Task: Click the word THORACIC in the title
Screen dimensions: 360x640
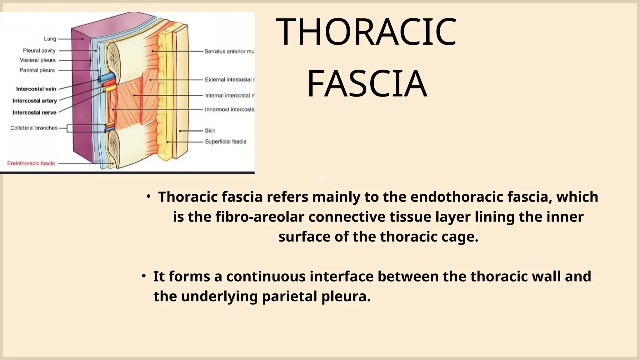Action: (x=366, y=32)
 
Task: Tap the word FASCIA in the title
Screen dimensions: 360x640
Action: (x=367, y=84)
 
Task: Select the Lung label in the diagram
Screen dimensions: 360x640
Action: (x=50, y=39)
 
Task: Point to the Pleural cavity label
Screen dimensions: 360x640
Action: (x=39, y=51)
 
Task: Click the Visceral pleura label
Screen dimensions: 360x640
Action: (x=38, y=60)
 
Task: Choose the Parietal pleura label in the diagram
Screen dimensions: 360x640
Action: (x=37, y=70)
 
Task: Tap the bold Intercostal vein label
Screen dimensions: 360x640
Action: (x=36, y=89)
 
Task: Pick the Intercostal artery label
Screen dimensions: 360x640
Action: (x=35, y=101)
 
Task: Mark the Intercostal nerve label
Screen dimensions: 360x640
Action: (x=34, y=112)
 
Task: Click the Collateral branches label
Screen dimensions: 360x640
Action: (x=34, y=128)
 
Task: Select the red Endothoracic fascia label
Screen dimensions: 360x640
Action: (x=31, y=163)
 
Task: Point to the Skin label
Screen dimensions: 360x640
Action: (x=210, y=131)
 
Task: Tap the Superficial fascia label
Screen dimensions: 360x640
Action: (x=225, y=142)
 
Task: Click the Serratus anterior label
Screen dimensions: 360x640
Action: (x=229, y=51)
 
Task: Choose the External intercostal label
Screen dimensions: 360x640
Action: (x=229, y=80)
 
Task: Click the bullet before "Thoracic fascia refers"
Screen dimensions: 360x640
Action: (x=149, y=197)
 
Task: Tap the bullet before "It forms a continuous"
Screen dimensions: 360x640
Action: (x=144, y=276)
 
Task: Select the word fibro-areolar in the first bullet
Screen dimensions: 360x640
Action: (x=259, y=217)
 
